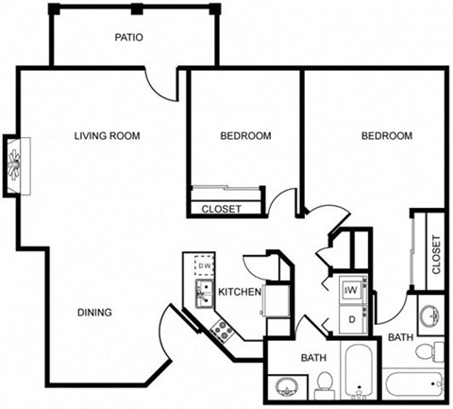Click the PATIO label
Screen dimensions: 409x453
(128, 38)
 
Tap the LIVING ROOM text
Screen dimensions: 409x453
(107, 136)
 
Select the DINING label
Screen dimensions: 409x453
(95, 313)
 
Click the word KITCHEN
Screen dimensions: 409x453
(239, 292)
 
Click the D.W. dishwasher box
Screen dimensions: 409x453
(204, 266)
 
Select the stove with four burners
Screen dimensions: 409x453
(223, 330)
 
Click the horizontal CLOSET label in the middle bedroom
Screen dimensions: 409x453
(222, 209)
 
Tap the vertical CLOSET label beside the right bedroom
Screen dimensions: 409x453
(435, 254)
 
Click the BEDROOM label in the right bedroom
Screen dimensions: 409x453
(387, 136)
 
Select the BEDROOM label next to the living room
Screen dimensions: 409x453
(245, 136)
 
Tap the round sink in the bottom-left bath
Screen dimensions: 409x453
(287, 386)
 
